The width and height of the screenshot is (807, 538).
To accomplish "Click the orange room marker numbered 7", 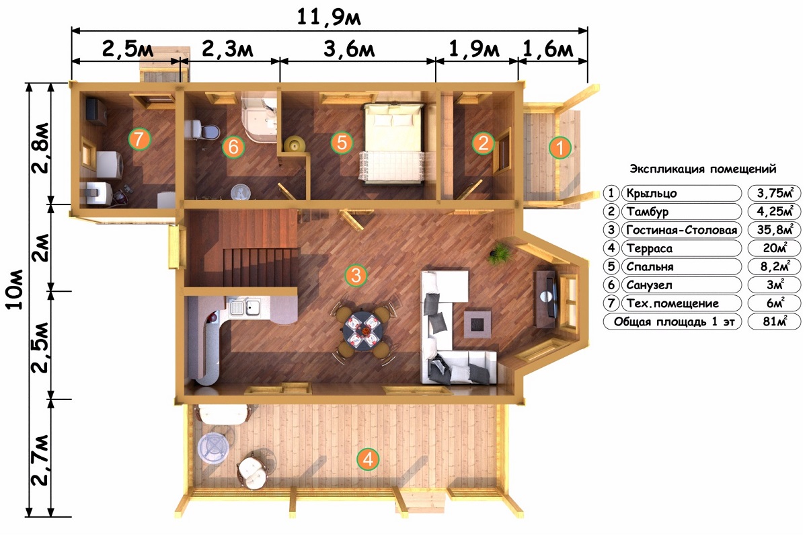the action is click(139, 139).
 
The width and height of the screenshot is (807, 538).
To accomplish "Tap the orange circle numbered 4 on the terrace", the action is click(368, 459).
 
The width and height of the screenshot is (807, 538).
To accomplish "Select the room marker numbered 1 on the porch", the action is click(560, 147).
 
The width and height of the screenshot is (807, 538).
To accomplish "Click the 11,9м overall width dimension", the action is click(329, 17).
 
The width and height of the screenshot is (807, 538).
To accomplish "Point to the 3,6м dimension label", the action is click(349, 49).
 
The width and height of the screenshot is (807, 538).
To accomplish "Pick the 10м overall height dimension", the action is click(14, 289).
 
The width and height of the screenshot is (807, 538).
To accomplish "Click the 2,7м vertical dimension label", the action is click(40, 460).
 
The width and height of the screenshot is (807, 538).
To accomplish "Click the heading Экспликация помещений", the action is click(703, 169).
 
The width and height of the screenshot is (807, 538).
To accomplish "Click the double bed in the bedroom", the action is click(393, 144).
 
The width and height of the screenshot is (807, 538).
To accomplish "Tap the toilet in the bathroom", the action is click(202, 130).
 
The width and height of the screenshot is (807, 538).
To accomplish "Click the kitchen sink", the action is click(245, 307).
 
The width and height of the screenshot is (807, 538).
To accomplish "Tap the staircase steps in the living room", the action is click(260, 267).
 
